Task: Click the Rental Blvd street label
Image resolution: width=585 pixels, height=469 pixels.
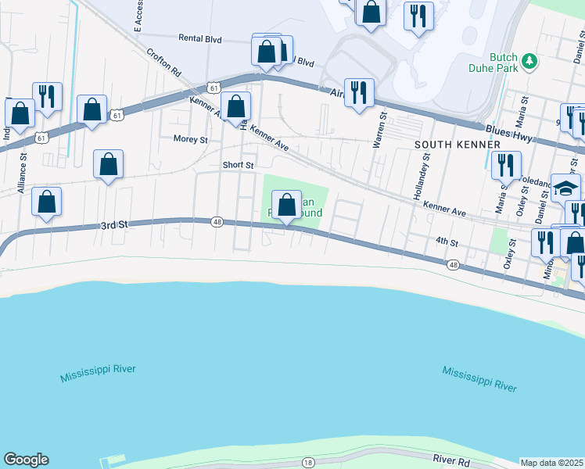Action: coord(201,38)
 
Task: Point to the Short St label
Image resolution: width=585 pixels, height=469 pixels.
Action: coord(238,165)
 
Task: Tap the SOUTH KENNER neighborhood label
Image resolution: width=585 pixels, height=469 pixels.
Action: coord(457,145)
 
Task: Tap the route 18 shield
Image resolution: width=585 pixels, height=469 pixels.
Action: coord(308,464)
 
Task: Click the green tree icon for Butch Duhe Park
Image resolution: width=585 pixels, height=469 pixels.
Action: coord(529,60)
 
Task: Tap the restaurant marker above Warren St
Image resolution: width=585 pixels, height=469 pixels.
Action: coord(359,91)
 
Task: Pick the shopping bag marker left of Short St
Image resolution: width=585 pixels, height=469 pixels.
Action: coord(108,164)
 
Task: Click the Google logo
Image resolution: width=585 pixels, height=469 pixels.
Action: coord(26,460)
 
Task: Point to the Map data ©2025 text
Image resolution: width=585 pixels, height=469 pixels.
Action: coord(552,463)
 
